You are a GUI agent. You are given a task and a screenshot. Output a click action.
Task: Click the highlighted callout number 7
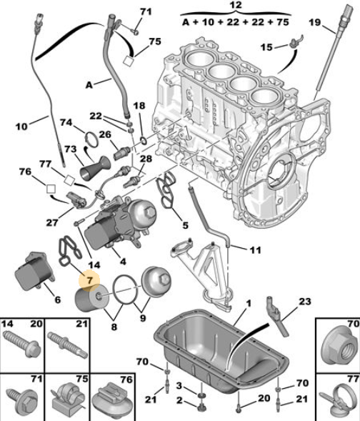[x=89, y=281]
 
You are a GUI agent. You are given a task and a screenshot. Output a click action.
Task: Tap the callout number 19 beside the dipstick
[x=315, y=22]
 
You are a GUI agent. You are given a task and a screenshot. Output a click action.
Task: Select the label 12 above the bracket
[x=236, y=5]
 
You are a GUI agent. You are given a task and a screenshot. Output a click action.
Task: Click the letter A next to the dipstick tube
[x=89, y=85]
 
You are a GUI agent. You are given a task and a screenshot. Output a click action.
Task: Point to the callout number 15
[x=266, y=47]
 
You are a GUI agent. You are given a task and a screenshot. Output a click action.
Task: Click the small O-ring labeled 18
[x=144, y=140]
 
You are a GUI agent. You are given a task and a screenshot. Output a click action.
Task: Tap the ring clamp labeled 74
[x=91, y=139]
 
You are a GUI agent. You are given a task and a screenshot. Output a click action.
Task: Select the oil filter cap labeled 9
[x=156, y=281]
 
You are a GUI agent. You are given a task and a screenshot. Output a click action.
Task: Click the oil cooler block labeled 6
[x=34, y=271]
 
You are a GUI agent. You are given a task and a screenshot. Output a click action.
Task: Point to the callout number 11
[x=255, y=250]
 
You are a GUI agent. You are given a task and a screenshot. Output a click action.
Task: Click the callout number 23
[x=305, y=302]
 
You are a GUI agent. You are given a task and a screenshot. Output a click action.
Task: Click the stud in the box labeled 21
[x=68, y=345]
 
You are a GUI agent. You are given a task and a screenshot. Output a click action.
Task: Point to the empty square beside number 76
[x=51, y=189]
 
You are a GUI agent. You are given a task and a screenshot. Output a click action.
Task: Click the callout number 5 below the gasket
[x=186, y=225]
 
